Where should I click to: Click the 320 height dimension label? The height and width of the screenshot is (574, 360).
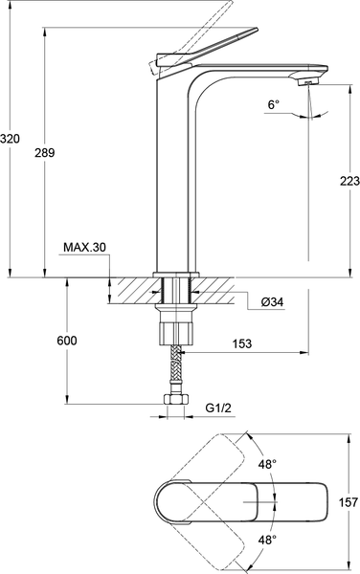click(11, 139)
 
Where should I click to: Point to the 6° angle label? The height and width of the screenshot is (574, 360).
click(274, 105)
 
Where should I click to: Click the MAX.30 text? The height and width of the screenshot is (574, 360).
click(84, 248)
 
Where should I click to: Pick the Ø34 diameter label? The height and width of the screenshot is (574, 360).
click(274, 302)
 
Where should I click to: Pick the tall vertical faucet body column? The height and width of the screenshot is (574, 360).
click(174, 172)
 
